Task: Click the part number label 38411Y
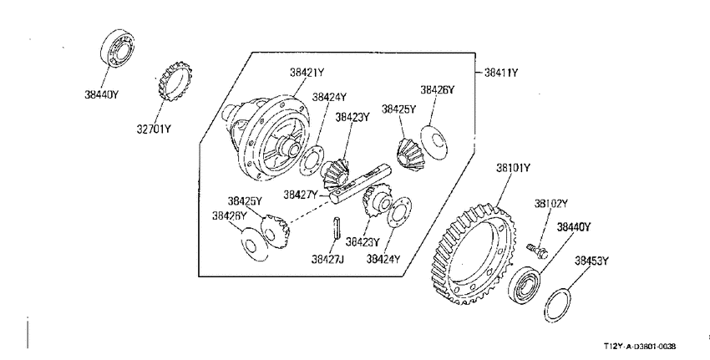pos(501,73)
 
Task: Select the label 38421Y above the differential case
pos(307,73)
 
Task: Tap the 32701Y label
pos(154,129)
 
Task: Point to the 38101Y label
pos(513,169)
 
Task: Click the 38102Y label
pos(550,204)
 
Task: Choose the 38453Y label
pos(592,261)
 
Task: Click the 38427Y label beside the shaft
pos(301,195)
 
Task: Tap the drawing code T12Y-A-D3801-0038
pos(639,347)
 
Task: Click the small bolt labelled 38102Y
pos(537,250)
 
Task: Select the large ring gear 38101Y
pos(472,255)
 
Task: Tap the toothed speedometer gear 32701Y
pos(175,82)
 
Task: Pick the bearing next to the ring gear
pos(525,285)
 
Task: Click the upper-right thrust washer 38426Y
pos(434,141)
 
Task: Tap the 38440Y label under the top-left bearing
pos(101,94)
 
